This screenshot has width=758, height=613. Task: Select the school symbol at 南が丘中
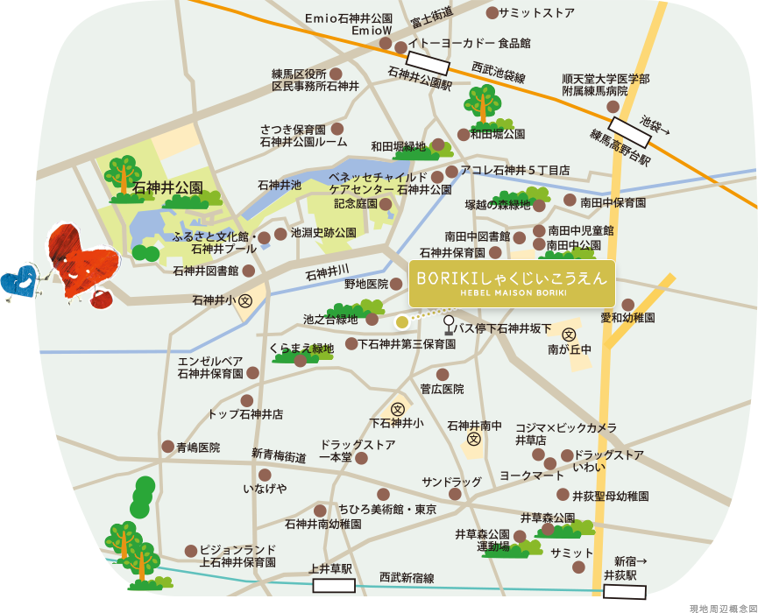tap(569, 335)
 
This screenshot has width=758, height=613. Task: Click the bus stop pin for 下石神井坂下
tap(449, 326)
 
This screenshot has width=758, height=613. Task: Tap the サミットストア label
tap(535, 13)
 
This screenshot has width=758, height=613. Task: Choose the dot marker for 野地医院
tap(396, 284)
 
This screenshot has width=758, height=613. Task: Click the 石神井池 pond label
tap(280, 185)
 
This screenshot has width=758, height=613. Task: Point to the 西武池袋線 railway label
tap(498, 72)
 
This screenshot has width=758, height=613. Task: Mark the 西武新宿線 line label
tap(407, 578)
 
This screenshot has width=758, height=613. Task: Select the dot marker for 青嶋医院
tap(167, 447)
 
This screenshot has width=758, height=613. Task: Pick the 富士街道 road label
tap(433, 16)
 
